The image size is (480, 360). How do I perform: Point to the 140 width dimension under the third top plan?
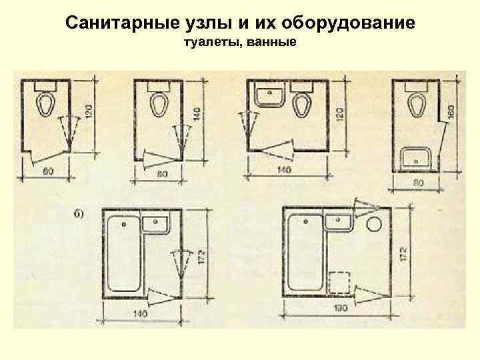285,171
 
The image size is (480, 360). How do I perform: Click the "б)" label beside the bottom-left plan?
79,213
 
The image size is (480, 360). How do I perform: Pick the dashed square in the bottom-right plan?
341,282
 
